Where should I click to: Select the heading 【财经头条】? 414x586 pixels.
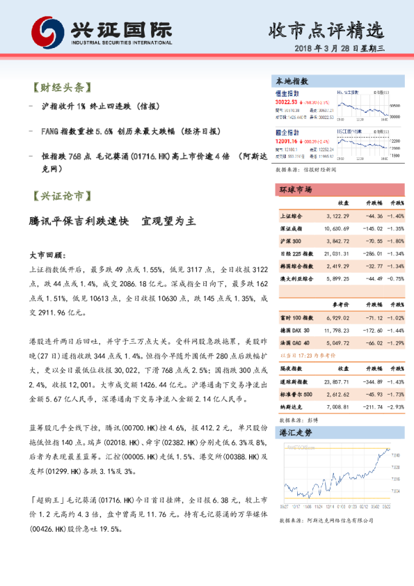pyautogui.click(x=61, y=88)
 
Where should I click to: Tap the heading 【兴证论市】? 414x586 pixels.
pyautogui.click(x=61, y=196)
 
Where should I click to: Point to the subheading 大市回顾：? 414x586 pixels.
pyautogui.click(x=47, y=255)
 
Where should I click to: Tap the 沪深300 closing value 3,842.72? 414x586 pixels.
pyautogui.click(x=337, y=240)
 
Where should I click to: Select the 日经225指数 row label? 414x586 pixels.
pyautogui.click(x=295, y=253)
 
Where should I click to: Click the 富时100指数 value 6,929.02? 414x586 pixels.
pyautogui.click(x=337, y=317)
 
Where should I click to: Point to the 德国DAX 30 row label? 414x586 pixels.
pyautogui.click(x=294, y=330)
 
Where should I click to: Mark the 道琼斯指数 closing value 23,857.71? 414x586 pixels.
pyautogui.click(x=336, y=382)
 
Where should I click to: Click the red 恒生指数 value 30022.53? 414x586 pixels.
pyautogui.click(x=287, y=101)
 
